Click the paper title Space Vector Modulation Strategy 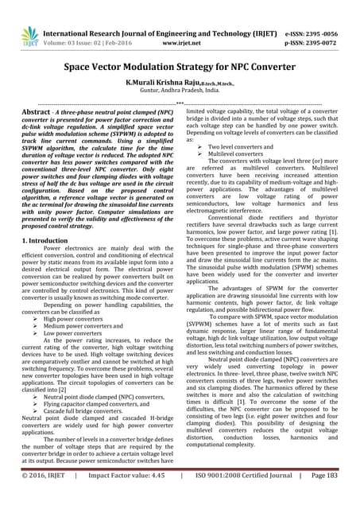click(180, 69)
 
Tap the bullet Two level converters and click(245, 147)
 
